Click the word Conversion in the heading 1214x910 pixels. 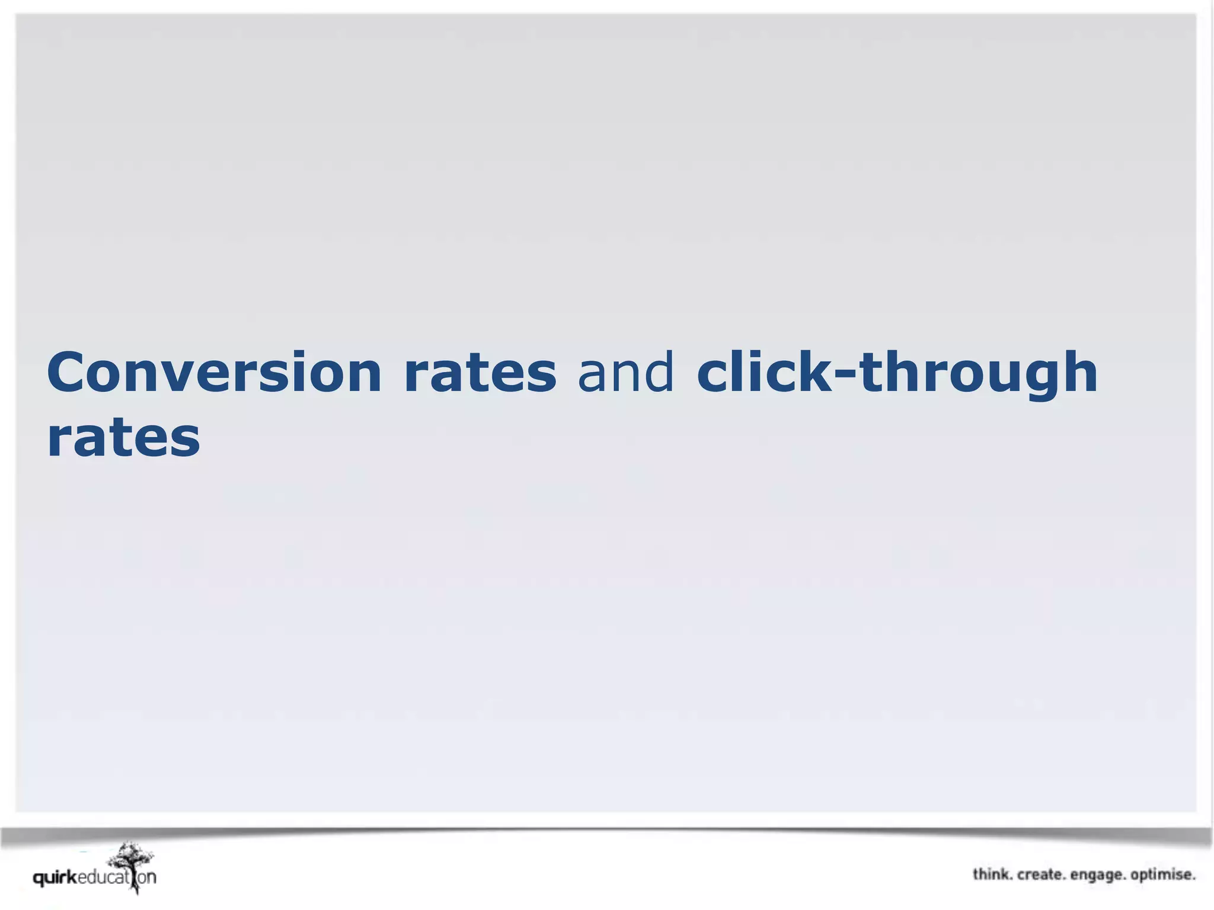tap(214, 373)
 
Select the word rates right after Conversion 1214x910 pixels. tap(480, 373)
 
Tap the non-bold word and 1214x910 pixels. tap(625, 373)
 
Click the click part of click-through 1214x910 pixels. tap(765, 373)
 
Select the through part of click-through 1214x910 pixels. tap(978, 373)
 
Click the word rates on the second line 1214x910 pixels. tap(123, 439)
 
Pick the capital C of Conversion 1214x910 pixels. tap(68, 373)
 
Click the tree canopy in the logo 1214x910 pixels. tap(132, 857)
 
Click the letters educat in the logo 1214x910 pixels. tap(103, 877)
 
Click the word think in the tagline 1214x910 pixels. tap(992, 875)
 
